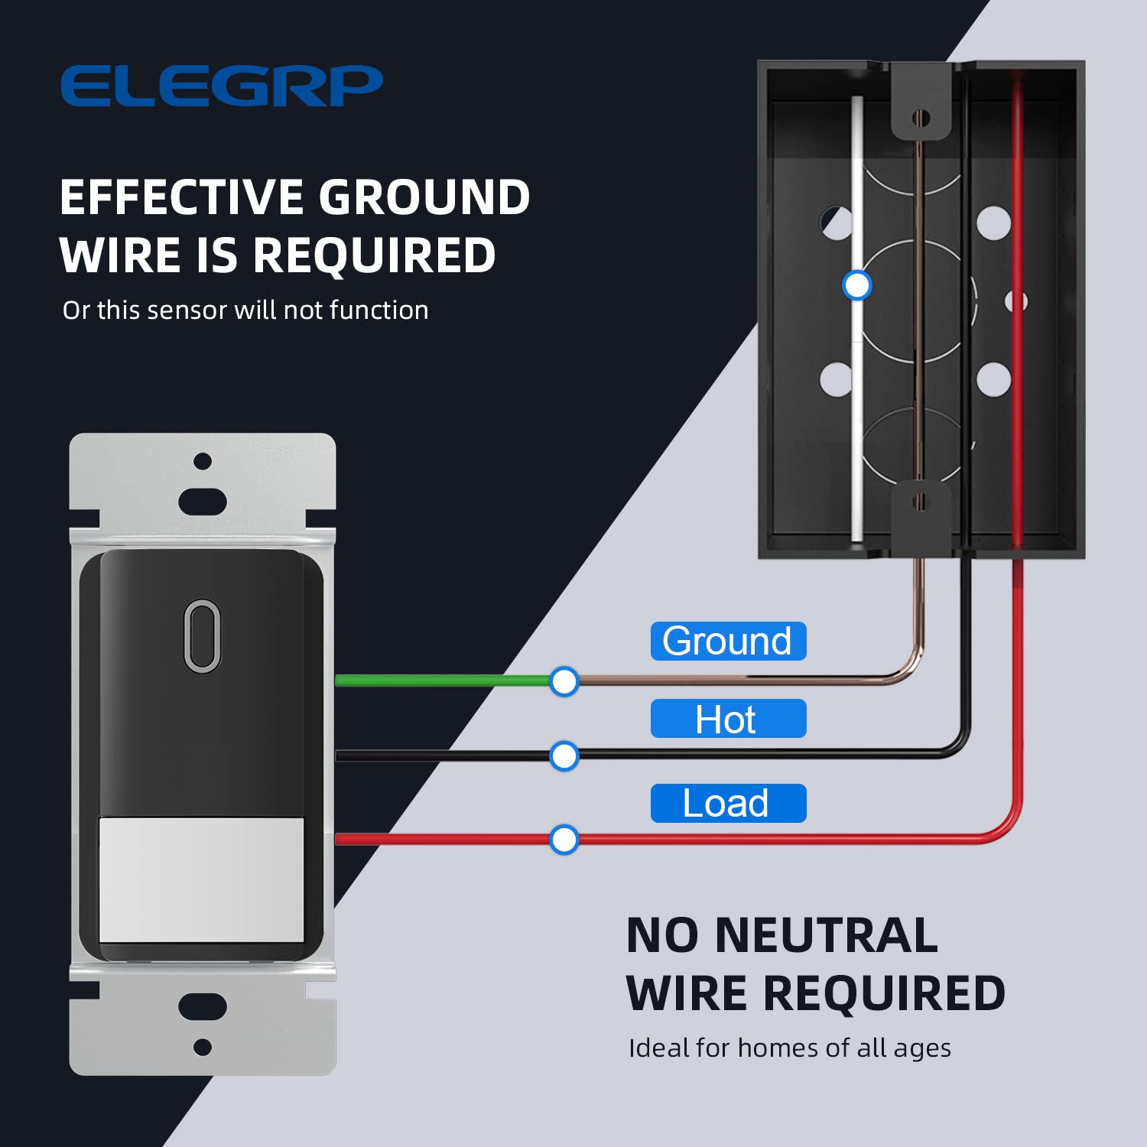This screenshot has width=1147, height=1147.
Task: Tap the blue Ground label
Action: (727, 641)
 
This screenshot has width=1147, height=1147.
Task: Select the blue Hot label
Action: (727, 719)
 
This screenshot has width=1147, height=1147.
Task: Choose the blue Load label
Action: (727, 803)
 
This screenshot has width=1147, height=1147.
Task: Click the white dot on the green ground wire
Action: (564, 681)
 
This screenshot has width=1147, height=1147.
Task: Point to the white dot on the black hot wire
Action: (564, 755)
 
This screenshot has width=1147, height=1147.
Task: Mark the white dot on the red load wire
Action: (564, 839)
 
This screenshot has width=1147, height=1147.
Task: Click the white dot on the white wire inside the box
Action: (856, 285)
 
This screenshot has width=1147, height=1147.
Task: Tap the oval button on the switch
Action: (203, 635)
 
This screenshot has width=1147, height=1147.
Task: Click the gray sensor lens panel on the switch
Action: (202, 879)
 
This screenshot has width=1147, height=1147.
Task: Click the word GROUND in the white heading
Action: (424, 197)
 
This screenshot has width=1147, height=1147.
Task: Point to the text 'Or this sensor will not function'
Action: (245, 310)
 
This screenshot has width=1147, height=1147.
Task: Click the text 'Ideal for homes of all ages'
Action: (789, 1048)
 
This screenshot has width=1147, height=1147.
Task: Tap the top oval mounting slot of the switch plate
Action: (203, 502)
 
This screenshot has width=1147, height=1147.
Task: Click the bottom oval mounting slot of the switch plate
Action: (203, 1006)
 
